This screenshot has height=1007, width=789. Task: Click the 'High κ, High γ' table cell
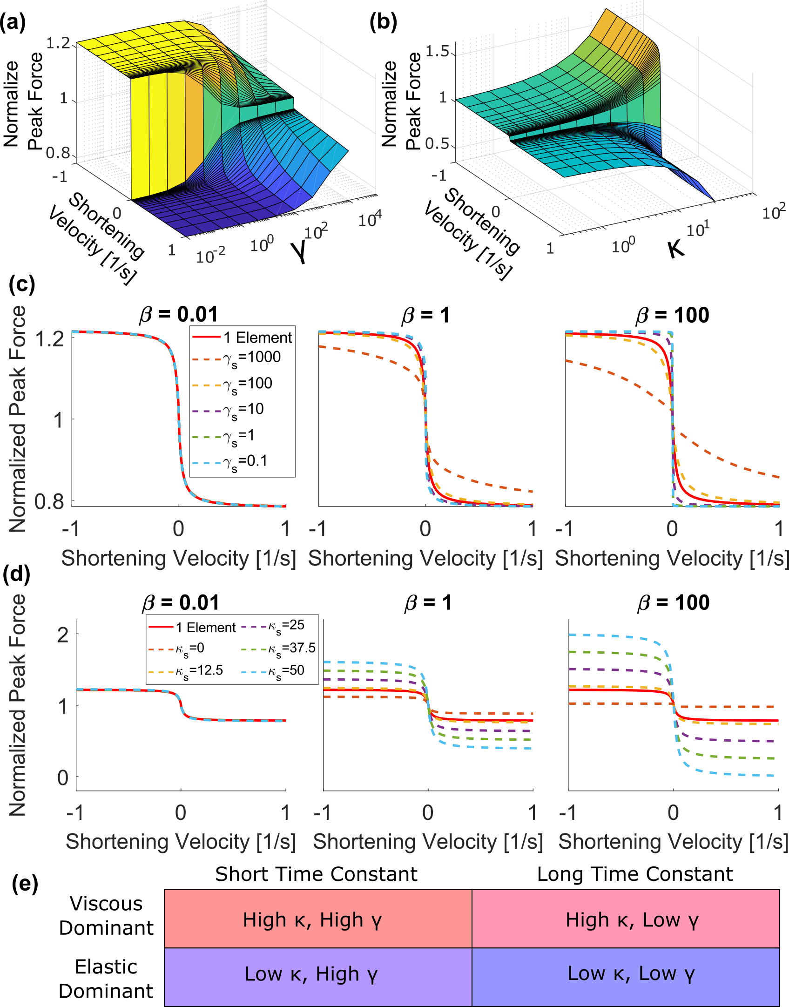(x=318, y=919)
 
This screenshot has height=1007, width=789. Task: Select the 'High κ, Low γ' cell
(x=625, y=919)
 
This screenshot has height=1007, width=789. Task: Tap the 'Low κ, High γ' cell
(x=318, y=974)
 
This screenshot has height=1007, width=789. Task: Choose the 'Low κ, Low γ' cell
(x=625, y=974)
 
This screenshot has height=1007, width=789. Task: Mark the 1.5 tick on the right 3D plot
(x=437, y=51)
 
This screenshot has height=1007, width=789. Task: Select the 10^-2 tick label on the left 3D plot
(x=210, y=255)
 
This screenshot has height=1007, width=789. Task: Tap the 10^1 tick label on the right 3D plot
(x=698, y=229)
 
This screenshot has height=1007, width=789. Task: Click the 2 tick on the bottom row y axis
(x=63, y=635)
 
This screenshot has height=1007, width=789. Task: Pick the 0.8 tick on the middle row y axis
(x=49, y=501)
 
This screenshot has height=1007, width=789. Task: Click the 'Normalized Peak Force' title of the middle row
(x=18, y=419)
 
